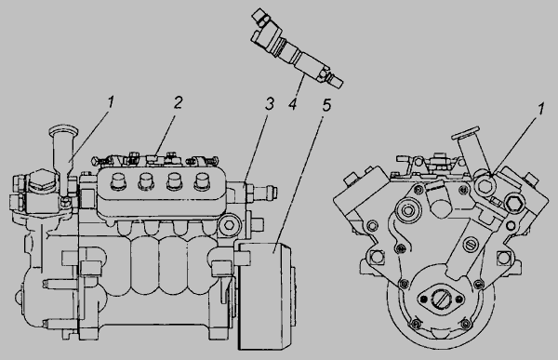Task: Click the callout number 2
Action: click(178, 102)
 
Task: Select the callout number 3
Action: click(270, 103)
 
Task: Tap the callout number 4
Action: click(293, 104)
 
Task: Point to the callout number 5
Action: click(326, 105)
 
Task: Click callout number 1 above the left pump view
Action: click(111, 101)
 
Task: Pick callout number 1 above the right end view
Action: click(540, 109)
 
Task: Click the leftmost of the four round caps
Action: click(118, 181)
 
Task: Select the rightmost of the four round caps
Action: click(202, 181)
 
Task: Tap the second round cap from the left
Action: click(146, 181)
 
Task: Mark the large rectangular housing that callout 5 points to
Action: click(265, 295)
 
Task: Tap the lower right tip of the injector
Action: click(341, 85)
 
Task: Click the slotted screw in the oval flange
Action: click(441, 298)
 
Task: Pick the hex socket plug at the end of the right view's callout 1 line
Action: click(485, 185)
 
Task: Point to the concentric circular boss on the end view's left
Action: click(407, 210)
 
